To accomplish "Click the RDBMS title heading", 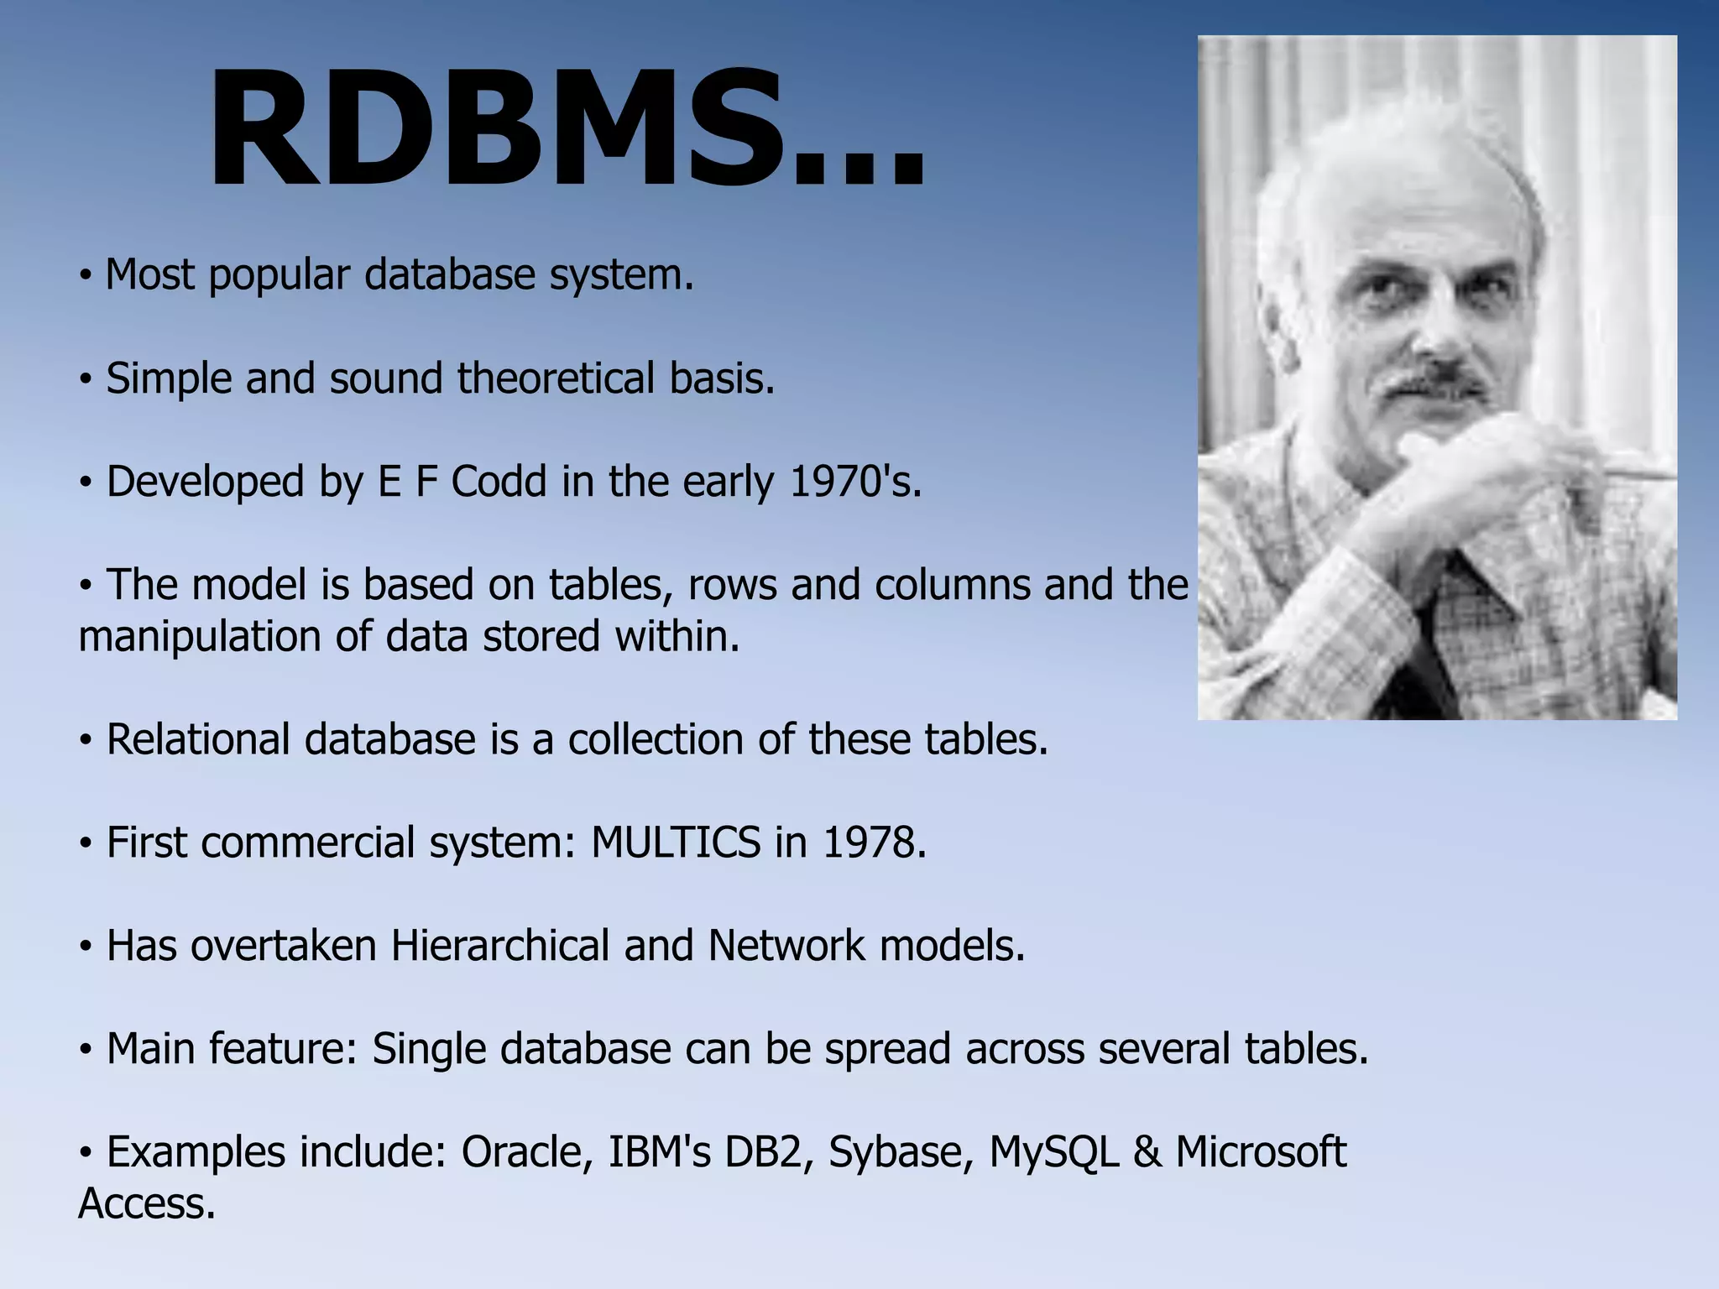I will [567, 130].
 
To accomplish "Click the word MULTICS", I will [675, 843].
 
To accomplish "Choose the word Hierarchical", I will [500, 946].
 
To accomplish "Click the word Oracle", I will [521, 1152].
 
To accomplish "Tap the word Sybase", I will [900, 1152].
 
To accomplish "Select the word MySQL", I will [1053, 1152].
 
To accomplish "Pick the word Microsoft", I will [1261, 1152].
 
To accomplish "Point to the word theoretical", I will [555, 378].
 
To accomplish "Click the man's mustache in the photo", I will [1437, 384].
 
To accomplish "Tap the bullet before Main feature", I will [85, 1050].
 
